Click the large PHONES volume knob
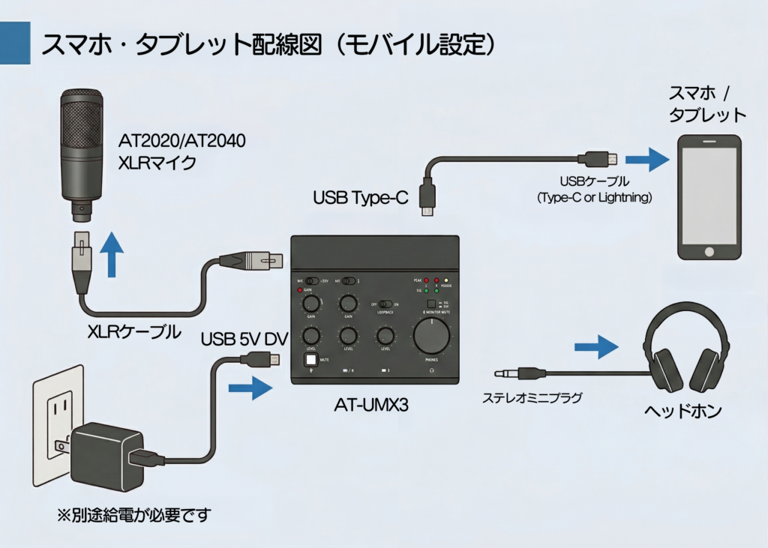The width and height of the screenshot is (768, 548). click(433, 335)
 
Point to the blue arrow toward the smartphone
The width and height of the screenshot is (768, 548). click(646, 159)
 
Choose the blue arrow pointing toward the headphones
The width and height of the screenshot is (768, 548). click(596, 346)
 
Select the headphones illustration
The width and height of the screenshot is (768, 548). click(687, 347)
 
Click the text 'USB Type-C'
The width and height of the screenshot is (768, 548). click(360, 198)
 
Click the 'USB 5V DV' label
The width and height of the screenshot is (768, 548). click(244, 340)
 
